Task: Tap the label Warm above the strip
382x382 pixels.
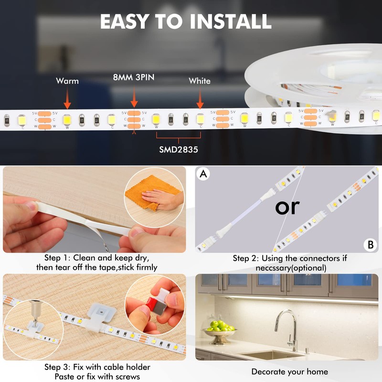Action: (67, 81)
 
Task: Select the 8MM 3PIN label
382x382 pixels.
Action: (133, 77)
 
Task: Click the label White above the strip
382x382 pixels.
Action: (200, 81)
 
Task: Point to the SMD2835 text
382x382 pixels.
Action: (179, 149)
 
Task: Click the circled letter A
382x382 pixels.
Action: (204, 174)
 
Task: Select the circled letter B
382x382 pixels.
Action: (370, 245)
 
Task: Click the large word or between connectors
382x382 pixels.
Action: (287, 207)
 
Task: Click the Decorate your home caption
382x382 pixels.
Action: (290, 371)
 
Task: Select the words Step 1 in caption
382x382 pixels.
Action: (57, 258)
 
